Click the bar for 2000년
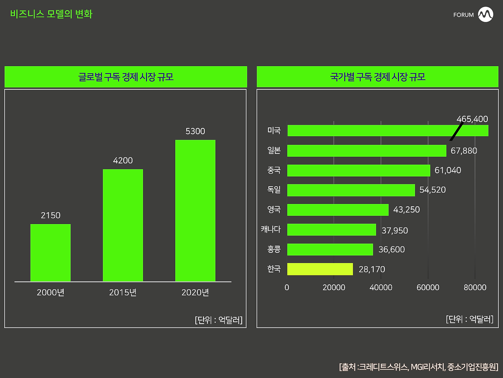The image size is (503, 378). [50, 252]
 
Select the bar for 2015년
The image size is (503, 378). [123, 225]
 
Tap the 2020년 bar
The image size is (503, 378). [195, 210]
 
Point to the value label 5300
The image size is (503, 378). [195, 131]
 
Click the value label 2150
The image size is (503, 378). [50, 215]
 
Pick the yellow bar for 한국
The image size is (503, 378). [320, 269]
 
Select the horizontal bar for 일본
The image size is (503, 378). [367, 151]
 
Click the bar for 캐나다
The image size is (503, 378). [332, 230]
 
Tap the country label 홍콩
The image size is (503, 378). [274, 249]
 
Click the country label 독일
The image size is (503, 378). [274, 189]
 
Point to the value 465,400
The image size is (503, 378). [472, 119]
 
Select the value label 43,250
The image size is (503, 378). [406, 209]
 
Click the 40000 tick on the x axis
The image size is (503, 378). [381, 287]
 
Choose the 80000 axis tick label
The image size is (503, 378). [475, 287]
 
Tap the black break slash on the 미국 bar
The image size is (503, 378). [457, 131]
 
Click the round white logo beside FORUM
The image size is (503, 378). [486, 15]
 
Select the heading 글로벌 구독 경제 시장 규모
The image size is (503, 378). [126, 77]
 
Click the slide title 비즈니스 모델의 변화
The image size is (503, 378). [51, 14]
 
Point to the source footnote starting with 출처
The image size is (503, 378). [419, 367]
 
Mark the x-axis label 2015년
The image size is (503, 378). [123, 293]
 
